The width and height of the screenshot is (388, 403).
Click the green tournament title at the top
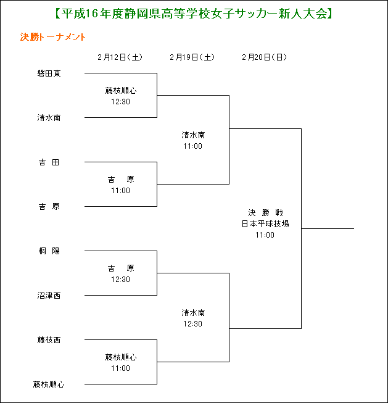point(194,14)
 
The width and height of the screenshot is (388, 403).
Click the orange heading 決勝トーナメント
point(52,37)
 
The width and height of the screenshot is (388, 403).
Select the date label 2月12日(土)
point(120,57)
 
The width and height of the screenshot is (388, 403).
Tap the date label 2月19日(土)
point(192,57)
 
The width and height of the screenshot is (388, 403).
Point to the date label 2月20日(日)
point(265,57)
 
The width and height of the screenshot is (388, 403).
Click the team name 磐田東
point(49,73)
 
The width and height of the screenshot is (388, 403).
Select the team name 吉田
point(49,162)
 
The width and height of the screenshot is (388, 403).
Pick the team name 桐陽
point(49,251)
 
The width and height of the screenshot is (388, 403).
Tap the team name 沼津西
point(49,296)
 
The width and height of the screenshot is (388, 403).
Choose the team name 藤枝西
point(49,340)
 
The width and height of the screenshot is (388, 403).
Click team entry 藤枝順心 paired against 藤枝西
point(49,384)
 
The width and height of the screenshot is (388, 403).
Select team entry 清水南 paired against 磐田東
point(49,118)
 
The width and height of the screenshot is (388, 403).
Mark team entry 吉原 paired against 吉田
point(49,207)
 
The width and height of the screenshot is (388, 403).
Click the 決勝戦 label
point(265,213)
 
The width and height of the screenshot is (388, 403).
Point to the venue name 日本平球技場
point(265,224)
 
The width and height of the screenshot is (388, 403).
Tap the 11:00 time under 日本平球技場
point(265,235)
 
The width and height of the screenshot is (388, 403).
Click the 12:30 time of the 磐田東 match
point(120,102)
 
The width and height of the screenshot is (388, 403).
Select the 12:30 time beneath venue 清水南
point(192,324)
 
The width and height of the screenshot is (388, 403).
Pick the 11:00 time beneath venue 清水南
point(192,146)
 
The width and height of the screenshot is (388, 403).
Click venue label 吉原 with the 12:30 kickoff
point(121,268)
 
